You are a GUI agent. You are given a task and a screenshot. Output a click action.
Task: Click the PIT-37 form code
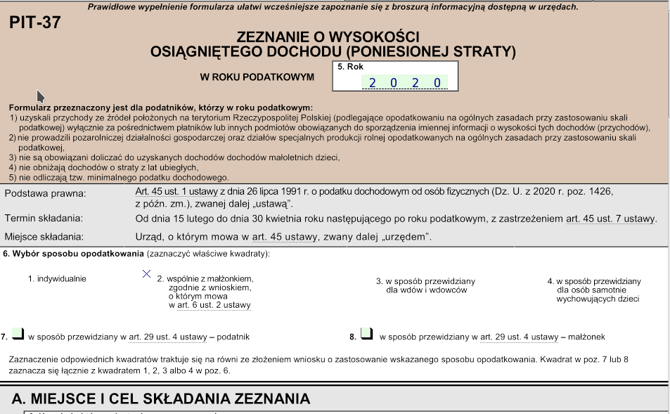click(35, 22)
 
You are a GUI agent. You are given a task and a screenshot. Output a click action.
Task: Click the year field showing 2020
click(404, 83)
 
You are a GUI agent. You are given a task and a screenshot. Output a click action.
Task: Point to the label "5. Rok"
click(351, 67)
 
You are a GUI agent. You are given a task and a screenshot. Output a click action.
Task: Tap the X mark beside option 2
click(147, 273)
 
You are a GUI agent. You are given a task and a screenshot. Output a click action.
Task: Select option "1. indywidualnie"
click(57, 279)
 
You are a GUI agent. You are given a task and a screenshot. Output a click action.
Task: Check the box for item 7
click(18, 334)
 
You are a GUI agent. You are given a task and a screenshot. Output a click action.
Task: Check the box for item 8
click(366, 334)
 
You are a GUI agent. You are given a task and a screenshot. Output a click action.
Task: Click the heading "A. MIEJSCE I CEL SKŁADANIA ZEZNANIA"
click(161, 399)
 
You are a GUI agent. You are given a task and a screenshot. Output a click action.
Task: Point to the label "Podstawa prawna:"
click(45, 193)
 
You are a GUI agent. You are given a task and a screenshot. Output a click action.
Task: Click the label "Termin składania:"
click(44, 219)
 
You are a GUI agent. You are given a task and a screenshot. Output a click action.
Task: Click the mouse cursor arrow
click(41, 96)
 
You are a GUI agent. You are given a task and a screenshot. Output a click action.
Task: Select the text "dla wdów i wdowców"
click(426, 290)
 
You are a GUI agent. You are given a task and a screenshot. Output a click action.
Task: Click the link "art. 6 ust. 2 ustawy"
click(210, 305)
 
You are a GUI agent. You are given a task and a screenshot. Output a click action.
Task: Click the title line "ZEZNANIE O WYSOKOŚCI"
click(328, 37)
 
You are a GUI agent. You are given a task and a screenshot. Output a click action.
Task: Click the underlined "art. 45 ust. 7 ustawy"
click(611, 219)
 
